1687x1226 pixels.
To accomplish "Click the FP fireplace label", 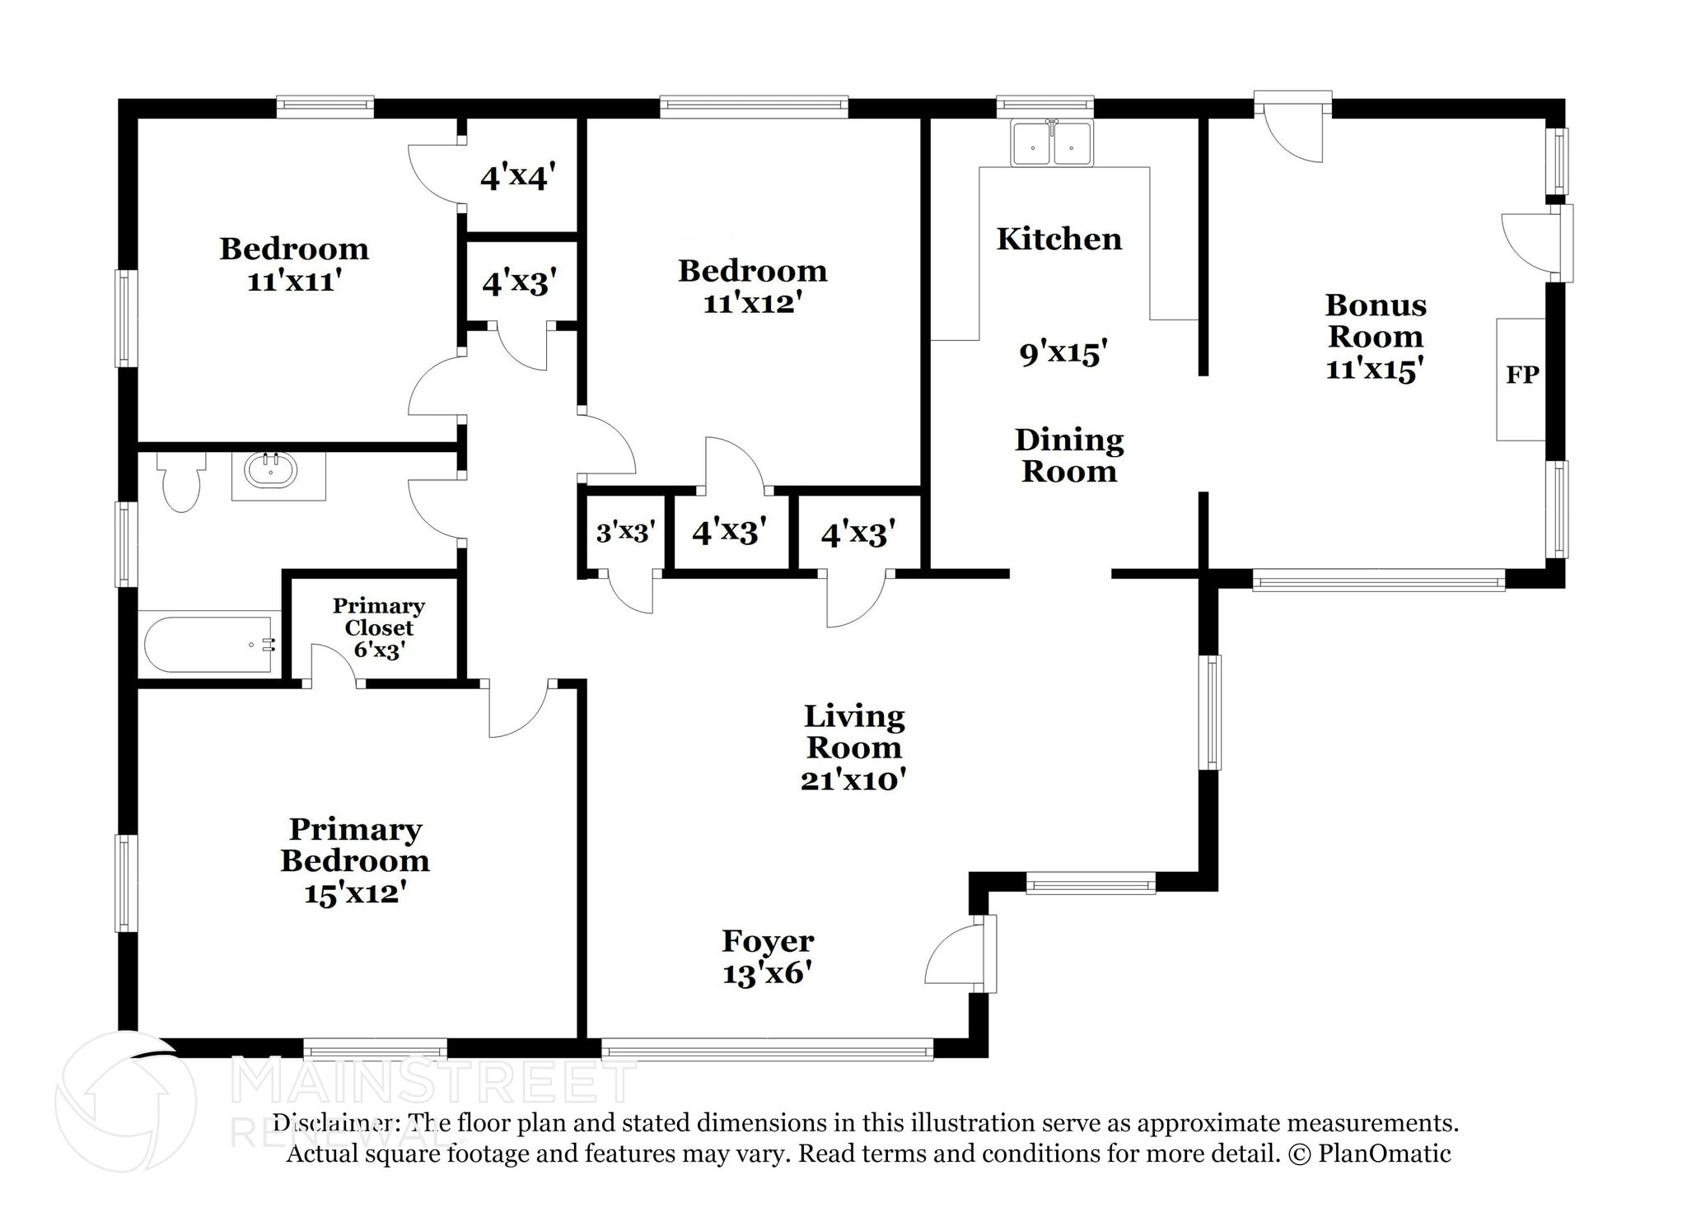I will [x=1521, y=375].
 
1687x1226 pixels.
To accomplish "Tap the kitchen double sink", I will [x=1052, y=144].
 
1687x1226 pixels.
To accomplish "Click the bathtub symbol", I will [x=210, y=645].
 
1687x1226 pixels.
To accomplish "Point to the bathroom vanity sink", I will [x=270, y=471].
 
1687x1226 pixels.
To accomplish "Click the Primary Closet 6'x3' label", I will [x=378, y=628].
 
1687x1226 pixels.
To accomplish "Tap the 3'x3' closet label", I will [x=625, y=532].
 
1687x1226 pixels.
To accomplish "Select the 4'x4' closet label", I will [x=518, y=176].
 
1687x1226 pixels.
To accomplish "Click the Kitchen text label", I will [x=1058, y=239].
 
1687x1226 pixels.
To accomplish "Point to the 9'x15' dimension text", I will [x=1063, y=353].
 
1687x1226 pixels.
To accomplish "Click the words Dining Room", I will [x=1068, y=455].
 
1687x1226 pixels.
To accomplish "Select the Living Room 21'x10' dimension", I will [x=853, y=779].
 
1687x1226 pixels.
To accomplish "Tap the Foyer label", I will [x=768, y=941].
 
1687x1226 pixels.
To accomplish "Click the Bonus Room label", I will [x=1375, y=321].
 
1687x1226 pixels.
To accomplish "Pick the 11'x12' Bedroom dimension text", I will [x=753, y=303].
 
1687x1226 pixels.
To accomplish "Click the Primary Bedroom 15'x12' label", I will [x=355, y=860].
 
